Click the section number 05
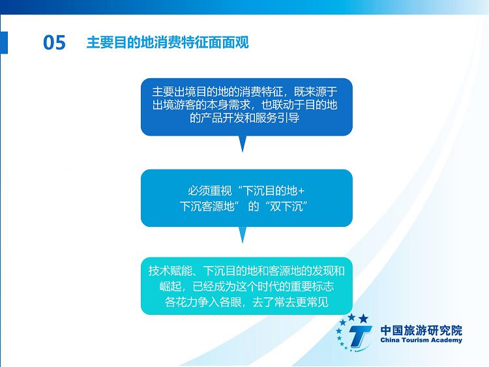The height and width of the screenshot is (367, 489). [x=54, y=42]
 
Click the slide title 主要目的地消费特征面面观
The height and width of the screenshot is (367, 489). [x=168, y=42]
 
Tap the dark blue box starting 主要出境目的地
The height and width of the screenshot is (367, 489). [x=246, y=107]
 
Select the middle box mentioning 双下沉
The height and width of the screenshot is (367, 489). [x=246, y=198]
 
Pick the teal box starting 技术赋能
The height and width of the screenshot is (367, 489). [x=246, y=286]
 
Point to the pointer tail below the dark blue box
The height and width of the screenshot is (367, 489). [x=243, y=144]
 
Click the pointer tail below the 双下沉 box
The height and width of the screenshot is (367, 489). [x=243, y=235]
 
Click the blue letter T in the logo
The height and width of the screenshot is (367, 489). [x=359, y=336]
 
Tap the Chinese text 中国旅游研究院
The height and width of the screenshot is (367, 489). [x=421, y=330]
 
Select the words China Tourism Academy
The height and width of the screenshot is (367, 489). [x=421, y=340]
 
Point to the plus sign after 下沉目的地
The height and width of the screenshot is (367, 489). [x=301, y=191]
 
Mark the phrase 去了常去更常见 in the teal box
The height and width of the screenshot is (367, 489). [x=290, y=302]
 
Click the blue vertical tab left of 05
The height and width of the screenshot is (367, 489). [x=4, y=42]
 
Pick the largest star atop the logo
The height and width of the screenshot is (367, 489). [x=363, y=319]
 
